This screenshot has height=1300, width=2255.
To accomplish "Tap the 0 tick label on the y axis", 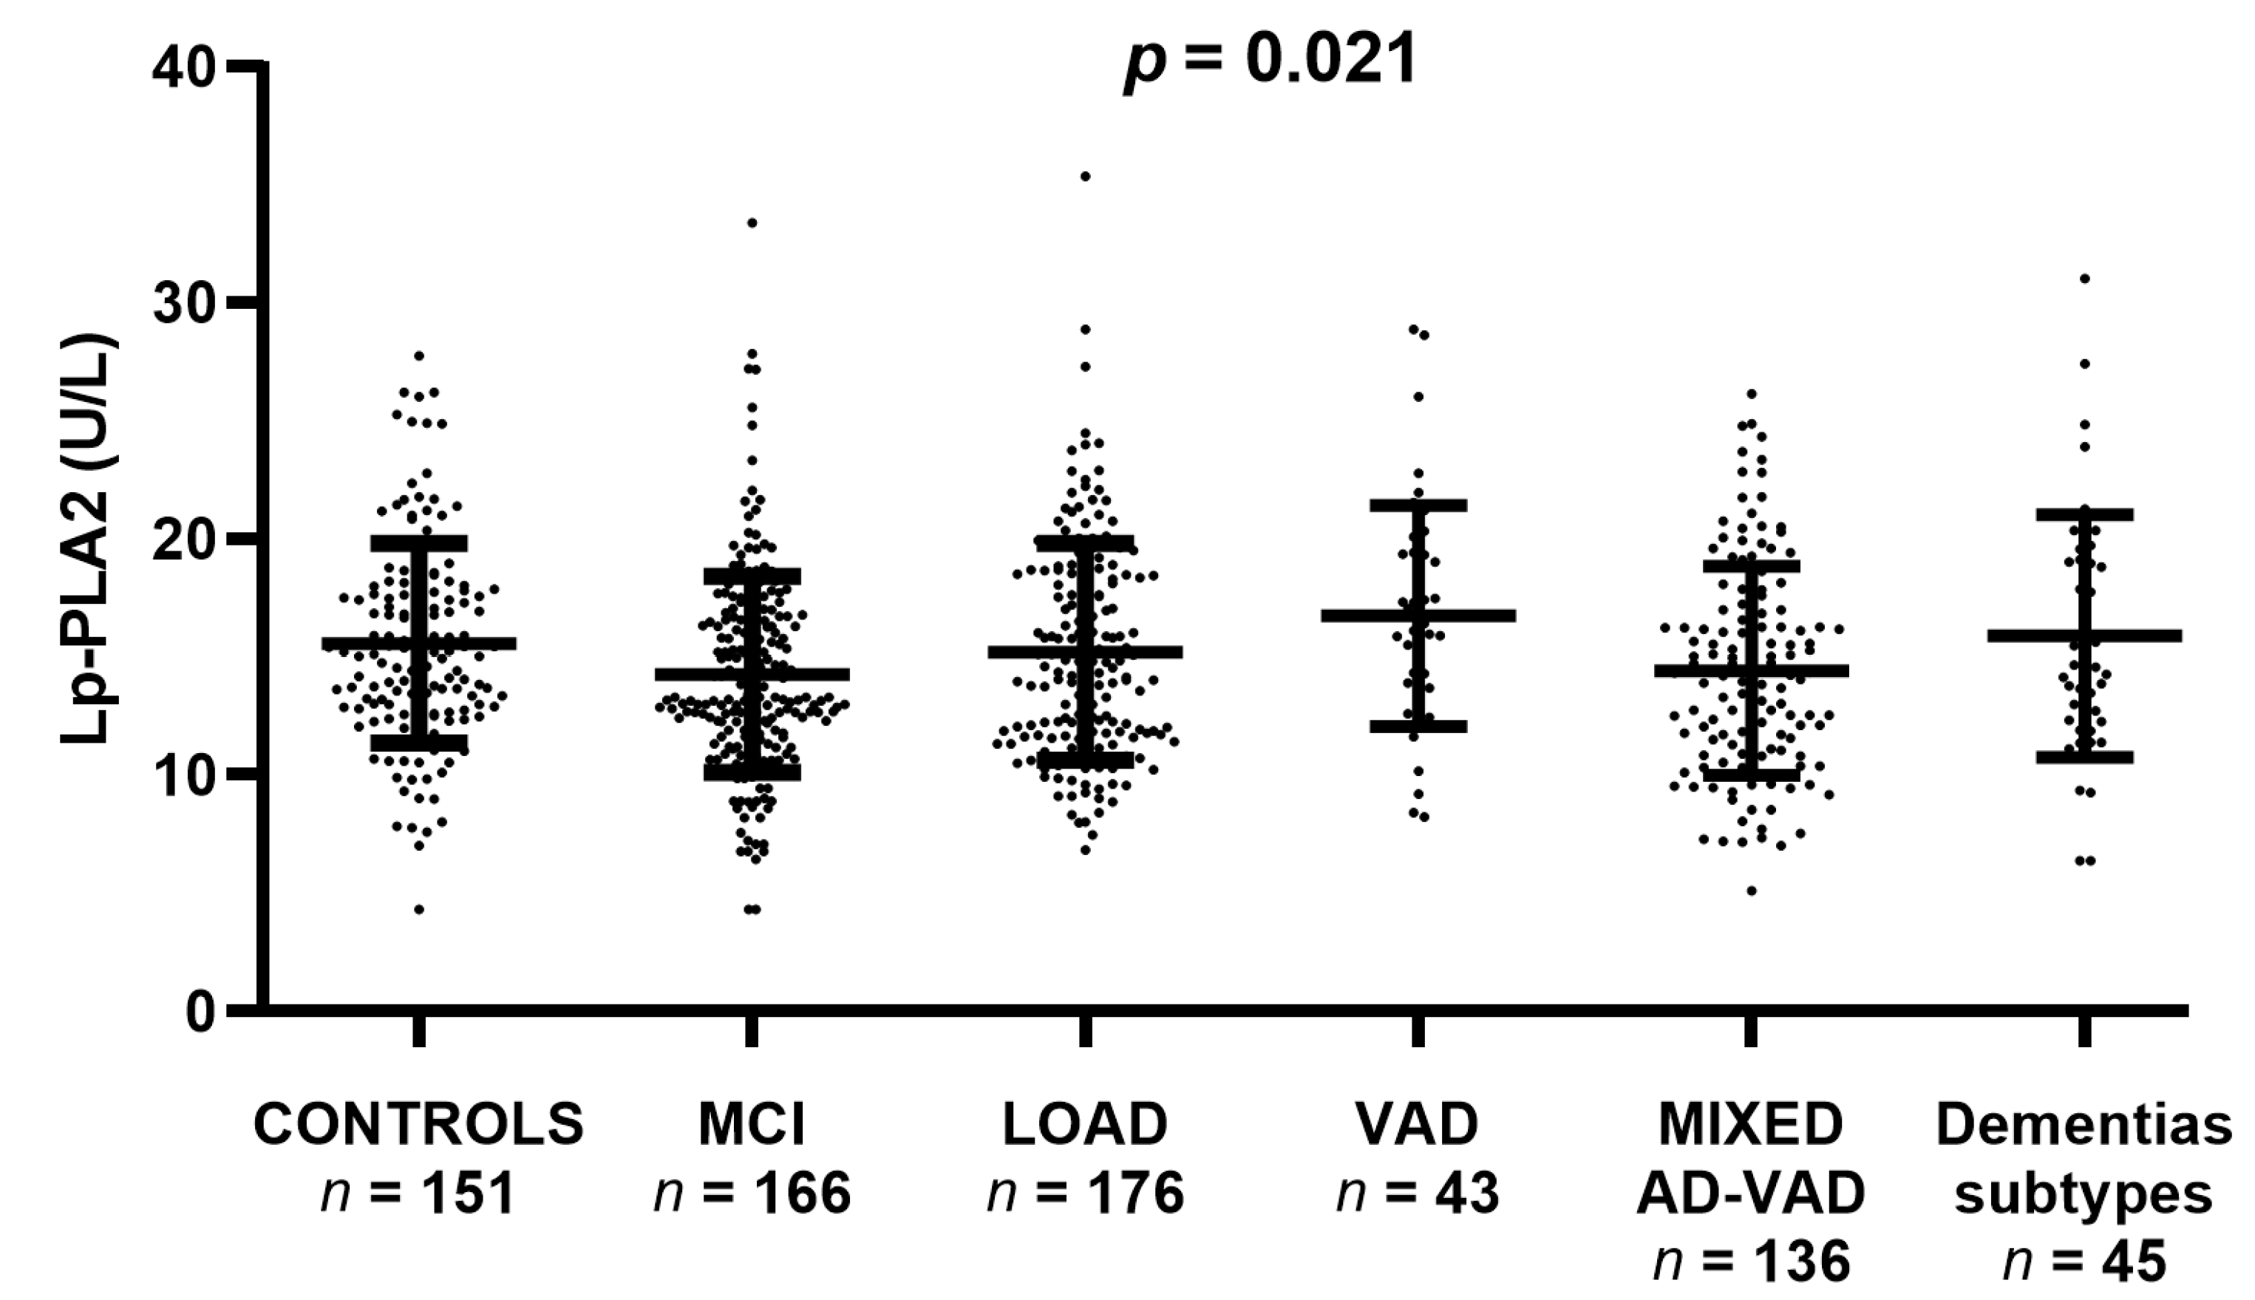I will tap(201, 1012).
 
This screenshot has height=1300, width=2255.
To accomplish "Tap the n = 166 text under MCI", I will tap(752, 1193).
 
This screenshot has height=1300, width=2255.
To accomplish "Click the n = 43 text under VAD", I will tap(1418, 1193).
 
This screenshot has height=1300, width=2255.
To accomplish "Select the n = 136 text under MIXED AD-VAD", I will tap(1751, 1263).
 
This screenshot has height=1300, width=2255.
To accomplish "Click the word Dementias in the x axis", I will tap(2084, 1126).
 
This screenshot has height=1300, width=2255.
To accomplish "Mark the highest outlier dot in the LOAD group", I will tap(1086, 176).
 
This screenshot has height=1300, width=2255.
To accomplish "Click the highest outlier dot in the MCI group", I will tap(752, 222).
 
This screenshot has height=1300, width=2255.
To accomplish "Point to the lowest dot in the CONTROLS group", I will tap(418, 909).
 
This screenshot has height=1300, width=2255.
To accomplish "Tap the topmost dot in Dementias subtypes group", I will tap(2084, 279).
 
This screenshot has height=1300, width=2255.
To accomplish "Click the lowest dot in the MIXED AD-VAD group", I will tap(1752, 890).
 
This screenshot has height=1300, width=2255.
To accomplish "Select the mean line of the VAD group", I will tap(1418, 615).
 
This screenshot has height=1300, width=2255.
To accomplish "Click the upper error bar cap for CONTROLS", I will tap(418, 543).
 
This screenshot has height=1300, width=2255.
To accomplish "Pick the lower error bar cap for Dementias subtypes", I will tap(2084, 757).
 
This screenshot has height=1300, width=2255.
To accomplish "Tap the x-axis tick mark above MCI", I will tap(752, 1031).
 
